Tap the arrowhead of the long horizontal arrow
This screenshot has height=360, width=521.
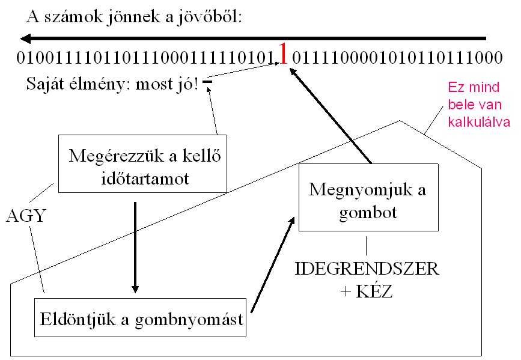[x=25, y=39]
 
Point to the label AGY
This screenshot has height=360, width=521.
[x=25, y=215]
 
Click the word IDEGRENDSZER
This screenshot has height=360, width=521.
[x=367, y=268]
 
